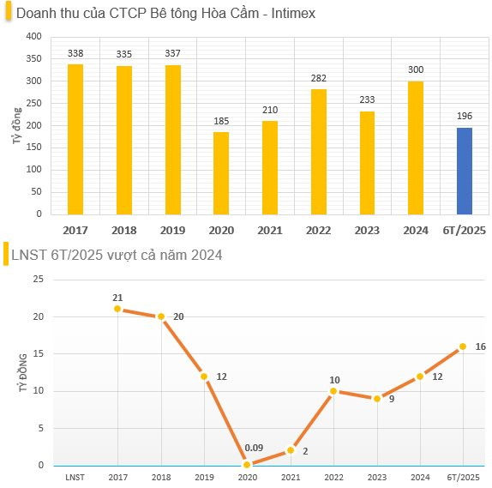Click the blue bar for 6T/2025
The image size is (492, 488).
point(464,171)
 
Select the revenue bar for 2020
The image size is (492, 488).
point(221,173)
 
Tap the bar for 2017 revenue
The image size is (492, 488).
point(75,139)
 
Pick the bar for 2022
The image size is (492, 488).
point(318,152)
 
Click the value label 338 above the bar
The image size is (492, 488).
point(75,53)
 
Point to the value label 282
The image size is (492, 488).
point(318,78)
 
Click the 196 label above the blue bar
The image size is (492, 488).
point(464,117)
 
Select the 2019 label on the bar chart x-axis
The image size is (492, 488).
point(172,230)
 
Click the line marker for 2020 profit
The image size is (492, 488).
point(247,465)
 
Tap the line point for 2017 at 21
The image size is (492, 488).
point(117,309)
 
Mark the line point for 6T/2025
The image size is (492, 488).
point(463,346)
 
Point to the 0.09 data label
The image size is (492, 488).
point(254,448)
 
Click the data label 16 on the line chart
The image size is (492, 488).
point(480,346)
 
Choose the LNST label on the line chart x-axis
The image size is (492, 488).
point(75,477)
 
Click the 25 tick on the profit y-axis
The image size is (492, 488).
point(39,280)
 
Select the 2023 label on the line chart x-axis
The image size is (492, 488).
point(376,477)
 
